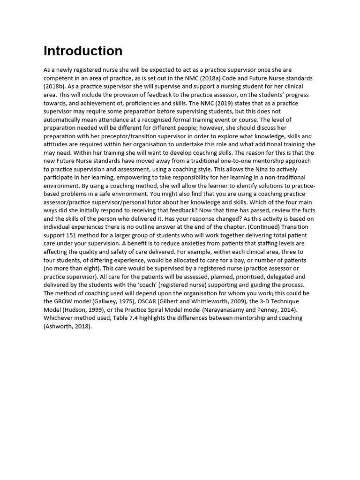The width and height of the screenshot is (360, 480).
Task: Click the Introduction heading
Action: coord(83,51)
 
